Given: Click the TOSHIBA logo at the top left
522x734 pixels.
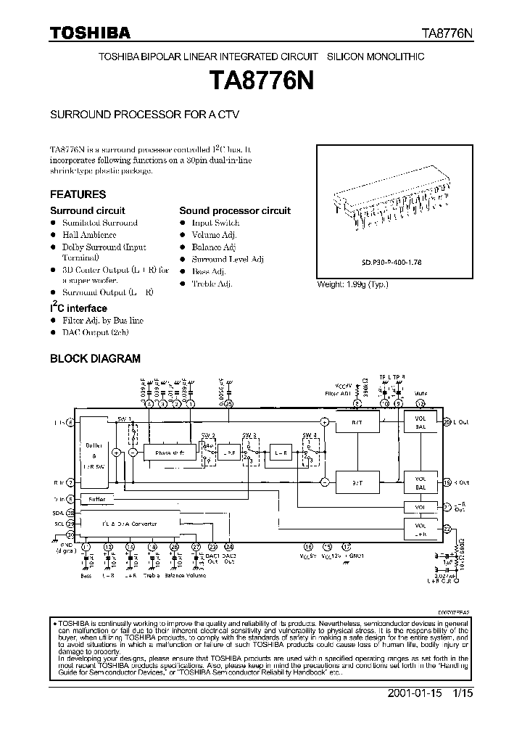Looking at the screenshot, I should tap(90, 33).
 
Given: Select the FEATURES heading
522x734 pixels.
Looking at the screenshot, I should tap(78, 194).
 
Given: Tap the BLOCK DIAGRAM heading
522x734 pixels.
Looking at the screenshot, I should tap(95, 358).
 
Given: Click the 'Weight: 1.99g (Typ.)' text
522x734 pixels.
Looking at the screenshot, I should tap(352, 284).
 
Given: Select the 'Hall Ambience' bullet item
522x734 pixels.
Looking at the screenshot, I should tap(89, 235).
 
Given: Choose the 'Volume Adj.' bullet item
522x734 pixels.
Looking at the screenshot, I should tap(215, 235).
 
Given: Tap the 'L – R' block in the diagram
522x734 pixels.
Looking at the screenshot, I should tap(281, 453).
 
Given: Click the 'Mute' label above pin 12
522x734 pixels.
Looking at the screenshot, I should tap(420, 395).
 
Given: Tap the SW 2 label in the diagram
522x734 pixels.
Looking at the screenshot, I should tap(208, 435).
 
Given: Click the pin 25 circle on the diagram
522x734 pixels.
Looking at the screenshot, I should tap(228, 404).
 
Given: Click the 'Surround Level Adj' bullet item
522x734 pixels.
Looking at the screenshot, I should tap(228, 259).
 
